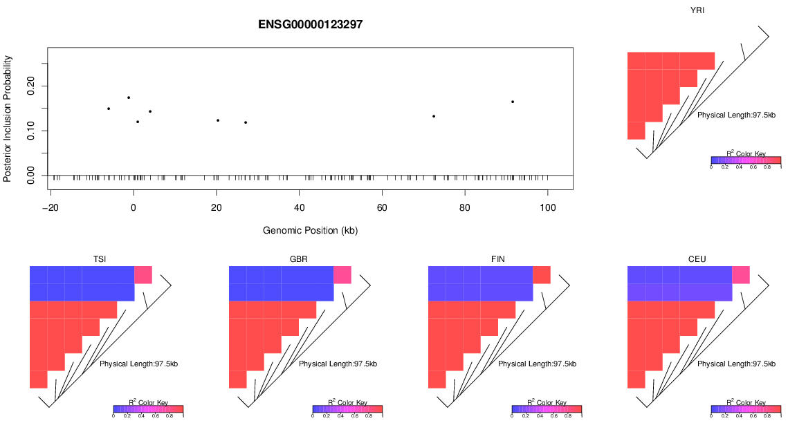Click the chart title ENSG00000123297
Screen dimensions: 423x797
point(311,24)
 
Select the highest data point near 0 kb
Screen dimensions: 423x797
point(129,97)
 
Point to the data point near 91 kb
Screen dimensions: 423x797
point(513,102)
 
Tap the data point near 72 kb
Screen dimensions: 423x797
point(434,116)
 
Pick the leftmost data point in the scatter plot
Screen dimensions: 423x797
point(109,109)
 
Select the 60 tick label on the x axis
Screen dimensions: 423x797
point(382,207)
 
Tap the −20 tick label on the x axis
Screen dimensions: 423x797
point(50,207)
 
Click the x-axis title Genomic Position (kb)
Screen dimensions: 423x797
point(310,230)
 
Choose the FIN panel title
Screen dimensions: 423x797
point(497,259)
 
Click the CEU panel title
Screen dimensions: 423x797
point(697,259)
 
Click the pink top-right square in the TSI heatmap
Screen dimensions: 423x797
point(143,274)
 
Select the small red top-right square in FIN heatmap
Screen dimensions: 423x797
point(541,274)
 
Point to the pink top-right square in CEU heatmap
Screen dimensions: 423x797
point(740,274)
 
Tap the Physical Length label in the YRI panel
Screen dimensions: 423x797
point(736,115)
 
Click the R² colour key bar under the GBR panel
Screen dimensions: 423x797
point(347,409)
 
